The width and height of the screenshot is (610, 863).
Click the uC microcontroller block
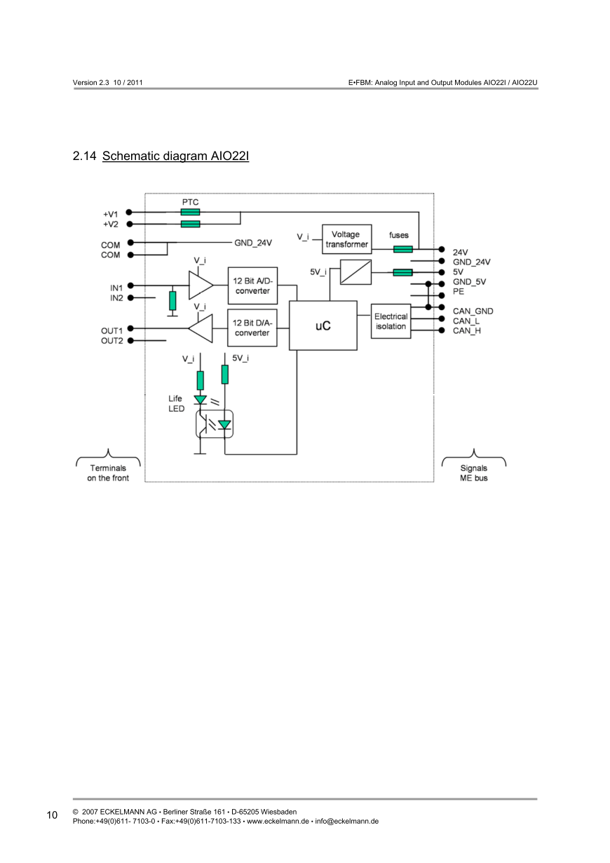tap(323, 326)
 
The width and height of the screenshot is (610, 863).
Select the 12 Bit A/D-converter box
tap(252, 286)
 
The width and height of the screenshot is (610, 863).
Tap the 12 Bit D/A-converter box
tap(252, 328)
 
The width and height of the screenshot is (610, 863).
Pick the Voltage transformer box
tap(346, 239)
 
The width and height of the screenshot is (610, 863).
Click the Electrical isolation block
tap(391, 321)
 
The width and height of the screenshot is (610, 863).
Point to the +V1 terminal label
tap(111, 214)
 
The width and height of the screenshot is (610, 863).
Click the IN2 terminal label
tap(116, 298)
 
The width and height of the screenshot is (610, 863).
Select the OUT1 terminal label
tap(112, 330)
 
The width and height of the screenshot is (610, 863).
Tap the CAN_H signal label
tap(467, 331)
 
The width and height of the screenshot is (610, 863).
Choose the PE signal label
tap(459, 291)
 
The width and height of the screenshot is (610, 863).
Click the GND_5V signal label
tap(469, 282)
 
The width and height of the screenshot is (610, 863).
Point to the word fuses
tap(399, 235)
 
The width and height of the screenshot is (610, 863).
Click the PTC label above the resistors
tap(190, 201)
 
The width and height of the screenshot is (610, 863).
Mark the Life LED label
tap(175, 403)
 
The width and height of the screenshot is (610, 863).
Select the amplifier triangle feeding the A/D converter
tap(200, 286)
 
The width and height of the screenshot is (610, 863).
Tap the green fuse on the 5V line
tap(402, 272)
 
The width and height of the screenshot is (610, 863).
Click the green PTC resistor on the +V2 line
tap(190, 225)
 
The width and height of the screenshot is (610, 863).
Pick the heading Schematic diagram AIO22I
tap(175, 156)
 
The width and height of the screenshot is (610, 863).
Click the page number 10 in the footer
tap(52, 815)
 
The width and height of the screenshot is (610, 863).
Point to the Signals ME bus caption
tap(473, 473)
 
